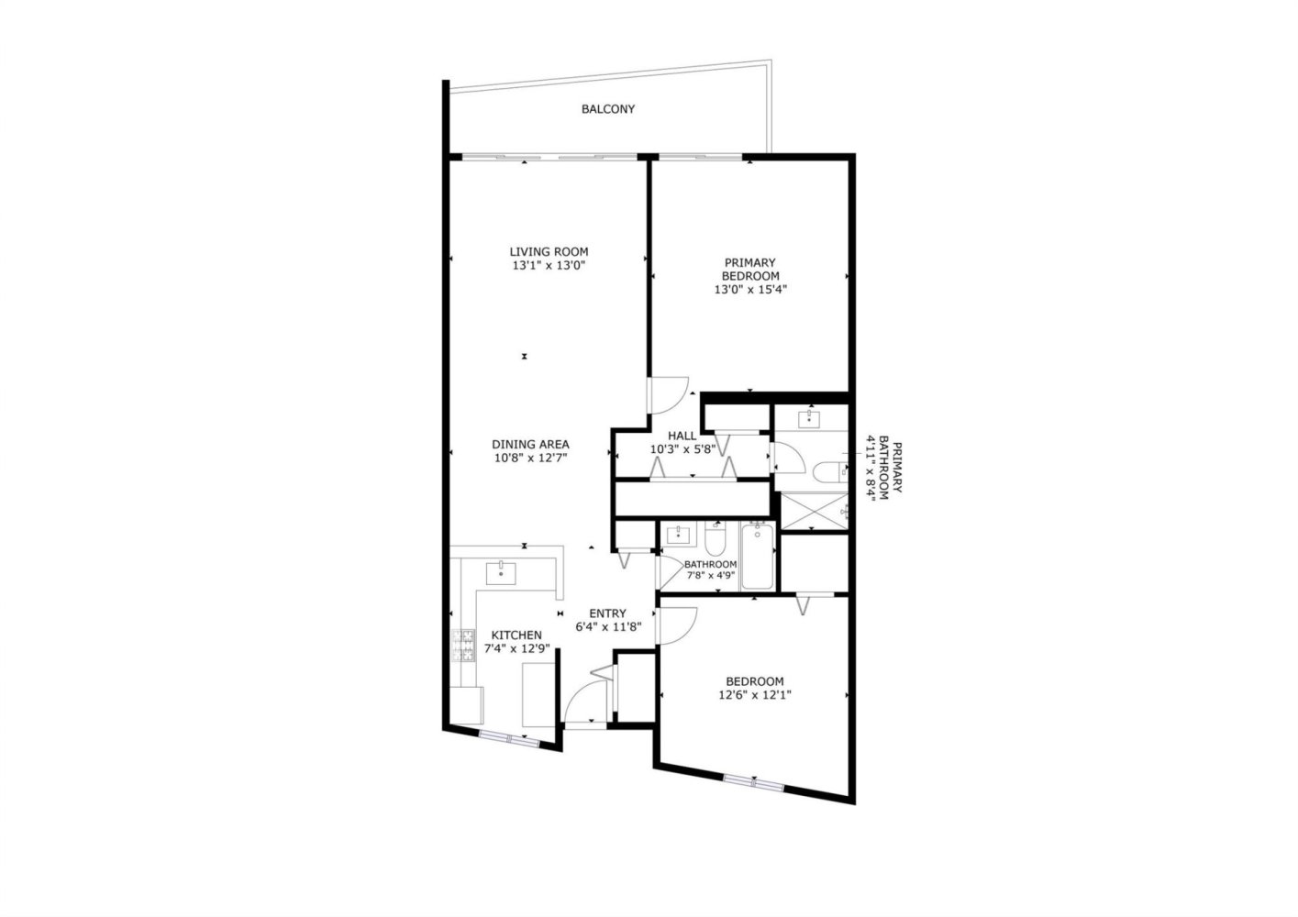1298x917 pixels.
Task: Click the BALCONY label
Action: coord(608,109)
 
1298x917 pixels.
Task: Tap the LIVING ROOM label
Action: coord(549,252)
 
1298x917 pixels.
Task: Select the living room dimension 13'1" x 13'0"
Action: coord(549,266)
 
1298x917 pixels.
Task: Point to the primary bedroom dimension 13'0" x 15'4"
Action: coord(749,290)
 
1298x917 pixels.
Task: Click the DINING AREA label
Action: coord(530,445)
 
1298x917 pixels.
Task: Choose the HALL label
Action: coord(682,436)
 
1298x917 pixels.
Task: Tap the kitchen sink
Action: coord(501,573)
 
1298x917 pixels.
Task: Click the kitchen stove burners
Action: coord(462,646)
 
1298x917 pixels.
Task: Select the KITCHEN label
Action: coord(516,635)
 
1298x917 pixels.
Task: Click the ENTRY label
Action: coord(607,613)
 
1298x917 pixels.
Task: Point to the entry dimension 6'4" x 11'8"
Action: coord(608,627)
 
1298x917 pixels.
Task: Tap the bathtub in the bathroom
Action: coord(758,556)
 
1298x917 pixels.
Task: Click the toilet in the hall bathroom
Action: coord(716,538)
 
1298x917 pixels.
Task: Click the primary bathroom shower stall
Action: coord(814,511)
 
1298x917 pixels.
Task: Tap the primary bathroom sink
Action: coord(809,419)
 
